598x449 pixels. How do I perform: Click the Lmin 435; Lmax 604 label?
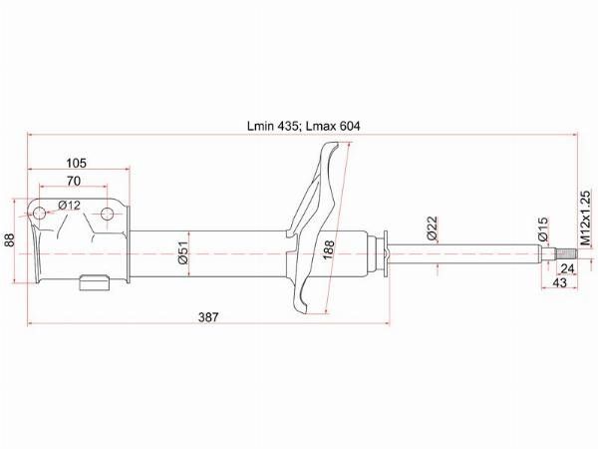(303, 126)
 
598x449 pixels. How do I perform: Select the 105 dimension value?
(77, 163)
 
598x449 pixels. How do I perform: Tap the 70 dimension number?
(74, 181)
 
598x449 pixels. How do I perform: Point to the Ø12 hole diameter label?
(70, 206)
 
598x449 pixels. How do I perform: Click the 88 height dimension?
(9, 239)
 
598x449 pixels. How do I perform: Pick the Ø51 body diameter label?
(183, 253)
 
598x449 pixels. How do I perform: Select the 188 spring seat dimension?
(328, 250)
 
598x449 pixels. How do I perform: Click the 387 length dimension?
(208, 317)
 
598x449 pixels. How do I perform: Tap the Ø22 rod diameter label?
(433, 227)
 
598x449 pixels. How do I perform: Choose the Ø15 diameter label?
(543, 228)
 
